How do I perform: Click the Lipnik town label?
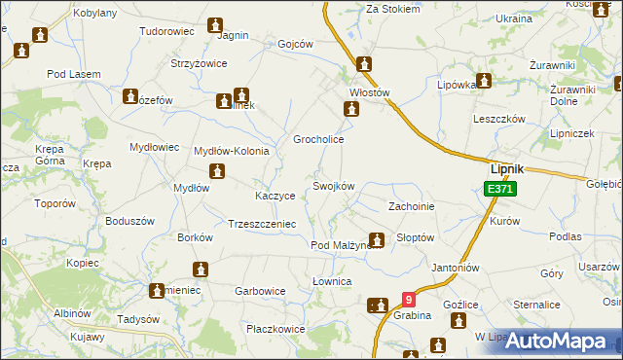pyautogui.click(x=506, y=168)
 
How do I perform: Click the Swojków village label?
pyautogui.click(x=333, y=186)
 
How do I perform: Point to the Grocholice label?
pyautogui.click(x=319, y=139)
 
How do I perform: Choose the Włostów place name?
pyautogui.click(x=369, y=93)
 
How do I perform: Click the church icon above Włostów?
pyautogui.click(x=364, y=66)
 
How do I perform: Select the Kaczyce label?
pyautogui.click(x=275, y=196)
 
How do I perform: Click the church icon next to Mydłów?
pyautogui.click(x=217, y=172)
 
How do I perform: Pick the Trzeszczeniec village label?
pyautogui.click(x=262, y=223)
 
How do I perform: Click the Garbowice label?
pyautogui.click(x=260, y=290)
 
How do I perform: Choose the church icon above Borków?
pyautogui.click(x=202, y=269)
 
